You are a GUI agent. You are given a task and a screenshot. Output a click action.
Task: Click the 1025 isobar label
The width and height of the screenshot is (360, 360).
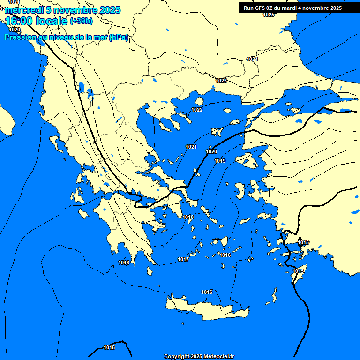pos(269,15)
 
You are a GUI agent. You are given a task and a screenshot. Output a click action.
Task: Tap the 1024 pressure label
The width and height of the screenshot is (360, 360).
pos(252,59)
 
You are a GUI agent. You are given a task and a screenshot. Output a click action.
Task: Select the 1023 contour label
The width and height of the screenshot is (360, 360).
pos(221,81)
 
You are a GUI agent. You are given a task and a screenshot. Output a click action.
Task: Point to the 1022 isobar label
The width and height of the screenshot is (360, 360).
pos(197,110)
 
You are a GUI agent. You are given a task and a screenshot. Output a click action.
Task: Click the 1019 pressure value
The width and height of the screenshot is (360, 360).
pos(220,161)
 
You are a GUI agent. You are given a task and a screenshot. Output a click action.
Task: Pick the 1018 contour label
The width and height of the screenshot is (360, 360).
pos(188,217)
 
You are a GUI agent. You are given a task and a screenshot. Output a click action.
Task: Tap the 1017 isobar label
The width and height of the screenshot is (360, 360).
pos(183,259)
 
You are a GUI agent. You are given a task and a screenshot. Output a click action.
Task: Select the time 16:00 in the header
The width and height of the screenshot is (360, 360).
pos(18,21)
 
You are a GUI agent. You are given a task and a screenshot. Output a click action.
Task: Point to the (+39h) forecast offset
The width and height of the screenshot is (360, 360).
pos(81,21)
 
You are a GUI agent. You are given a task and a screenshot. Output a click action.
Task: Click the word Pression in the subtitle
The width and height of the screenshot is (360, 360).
pos(19,37)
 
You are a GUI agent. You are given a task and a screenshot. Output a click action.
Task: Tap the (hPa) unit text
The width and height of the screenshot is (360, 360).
pos(118,37)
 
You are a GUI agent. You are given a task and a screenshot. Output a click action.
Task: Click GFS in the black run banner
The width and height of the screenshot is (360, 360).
pos(261,8)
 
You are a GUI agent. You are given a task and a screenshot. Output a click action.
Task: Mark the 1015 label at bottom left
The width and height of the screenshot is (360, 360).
pos(109,347)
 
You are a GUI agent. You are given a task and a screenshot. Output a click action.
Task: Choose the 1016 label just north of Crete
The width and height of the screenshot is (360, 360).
pos(207,292)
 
